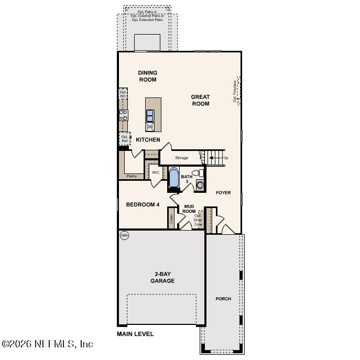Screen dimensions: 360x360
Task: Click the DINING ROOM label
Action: click(x=147, y=77)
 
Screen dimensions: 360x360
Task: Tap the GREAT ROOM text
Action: click(x=200, y=100)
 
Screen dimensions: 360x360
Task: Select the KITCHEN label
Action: click(x=148, y=140)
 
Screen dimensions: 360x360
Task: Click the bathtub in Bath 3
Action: click(x=174, y=177)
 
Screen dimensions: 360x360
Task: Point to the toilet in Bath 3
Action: click(x=197, y=173)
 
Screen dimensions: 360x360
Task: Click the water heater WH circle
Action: click(x=124, y=235)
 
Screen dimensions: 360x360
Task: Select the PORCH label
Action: click(x=223, y=299)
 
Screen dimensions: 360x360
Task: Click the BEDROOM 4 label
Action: click(x=143, y=204)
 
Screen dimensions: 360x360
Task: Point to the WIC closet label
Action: click(x=156, y=172)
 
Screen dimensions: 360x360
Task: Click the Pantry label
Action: click(x=132, y=176)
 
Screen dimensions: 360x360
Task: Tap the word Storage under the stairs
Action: click(x=181, y=158)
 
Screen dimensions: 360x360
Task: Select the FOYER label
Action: click(x=223, y=193)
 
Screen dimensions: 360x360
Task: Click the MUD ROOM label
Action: click(x=189, y=209)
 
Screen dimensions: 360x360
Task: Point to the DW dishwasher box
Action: click(x=150, y=127)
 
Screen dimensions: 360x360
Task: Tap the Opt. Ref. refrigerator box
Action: click(x=124, y=139)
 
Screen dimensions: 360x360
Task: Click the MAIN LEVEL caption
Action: click(x=135, y=334)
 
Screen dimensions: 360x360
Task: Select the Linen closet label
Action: click(x=171, y=219)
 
